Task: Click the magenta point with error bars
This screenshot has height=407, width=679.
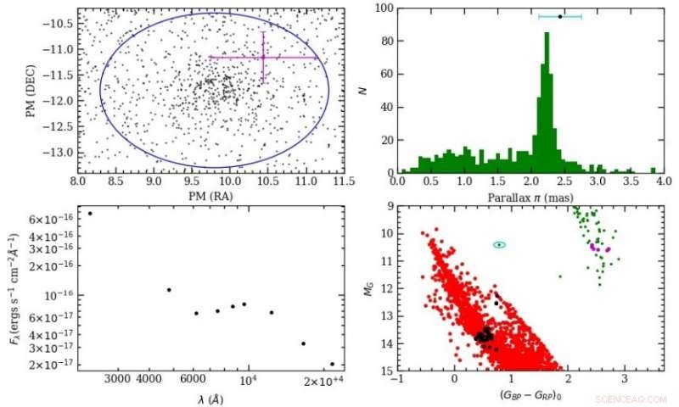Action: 263,57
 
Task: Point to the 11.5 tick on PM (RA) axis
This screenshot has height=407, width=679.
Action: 344,181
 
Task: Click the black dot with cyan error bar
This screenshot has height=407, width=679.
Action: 560,16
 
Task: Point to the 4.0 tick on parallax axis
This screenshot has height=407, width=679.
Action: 662,181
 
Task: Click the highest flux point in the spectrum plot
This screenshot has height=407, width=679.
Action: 90,213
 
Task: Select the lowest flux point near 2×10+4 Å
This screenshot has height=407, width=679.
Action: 332,364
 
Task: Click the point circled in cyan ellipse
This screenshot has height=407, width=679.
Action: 500,244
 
